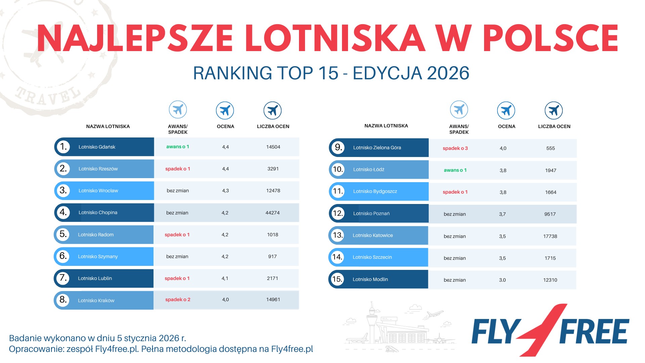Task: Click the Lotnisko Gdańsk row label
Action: (x=97, y=147)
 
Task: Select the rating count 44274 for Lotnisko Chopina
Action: (x=272, y=213)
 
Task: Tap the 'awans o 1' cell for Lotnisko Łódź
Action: (x=455, y=170)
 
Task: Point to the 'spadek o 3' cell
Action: (x=455, y=148)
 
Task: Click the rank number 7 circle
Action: (x=63, y=278)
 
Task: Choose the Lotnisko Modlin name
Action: (x=370, y=279)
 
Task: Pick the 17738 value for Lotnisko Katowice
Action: (x=550, y=236)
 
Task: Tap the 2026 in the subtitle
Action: (x=448, y=73)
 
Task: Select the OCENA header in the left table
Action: (x=225, y=126)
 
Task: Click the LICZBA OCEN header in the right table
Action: (x=554, y=126)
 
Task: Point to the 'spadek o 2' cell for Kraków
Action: (x=178, y=299)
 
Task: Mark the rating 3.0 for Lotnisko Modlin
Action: (x=502, y=280)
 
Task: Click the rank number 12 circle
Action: (x=338, y=213)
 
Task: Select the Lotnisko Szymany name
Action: (x=98, y=256)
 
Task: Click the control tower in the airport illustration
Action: (x=372, y=319)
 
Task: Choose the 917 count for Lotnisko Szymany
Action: (x=272, y=256)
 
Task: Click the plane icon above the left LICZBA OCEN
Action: (x=272, y=110)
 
